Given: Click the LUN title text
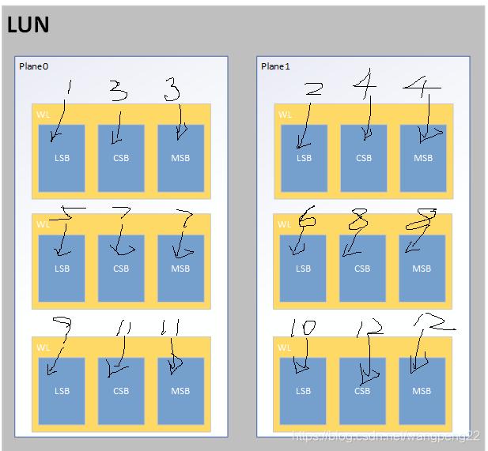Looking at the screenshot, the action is pyautogui.click(x=28, y=25).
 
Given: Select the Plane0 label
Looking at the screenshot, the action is pyautogui.click(x=34, y=66).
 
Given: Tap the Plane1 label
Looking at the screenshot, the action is pyautogui.click(x=276, y=66).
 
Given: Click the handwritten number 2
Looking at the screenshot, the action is pyautogui.click(x=313, y=89).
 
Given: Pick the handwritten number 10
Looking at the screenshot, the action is pyautogui.click(x=303, y=328).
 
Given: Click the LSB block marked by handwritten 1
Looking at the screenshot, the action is pyautogui.click(x=62, y=158).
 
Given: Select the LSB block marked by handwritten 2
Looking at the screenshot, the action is pyautogui.click(x=304, y=158).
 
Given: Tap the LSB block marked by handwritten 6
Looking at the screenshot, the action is pyautogui.click(x=303, y=269).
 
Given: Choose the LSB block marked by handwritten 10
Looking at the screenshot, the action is pyautogui.click(x=304, y=391).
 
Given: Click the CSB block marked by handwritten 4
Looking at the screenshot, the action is pyautogui.click(x=364, y=158).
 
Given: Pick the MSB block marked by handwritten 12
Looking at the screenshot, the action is pyautogui.click(x=422, y=391).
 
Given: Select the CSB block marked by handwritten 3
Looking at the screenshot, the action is pyautogui.click(x=121, y=158).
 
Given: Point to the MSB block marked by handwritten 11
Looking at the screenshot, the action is pyautogui.click(x=180, y=391).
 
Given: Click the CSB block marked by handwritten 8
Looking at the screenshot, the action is pyautogui.click(x=362, y=269).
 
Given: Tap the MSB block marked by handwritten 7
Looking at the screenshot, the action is pyautogui.click(x=180, y=269).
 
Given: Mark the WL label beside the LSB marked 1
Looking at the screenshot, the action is pyautogui.click(x=43, y=115).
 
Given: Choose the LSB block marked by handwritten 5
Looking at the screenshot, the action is pyautogui.click(x=62, y=269).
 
